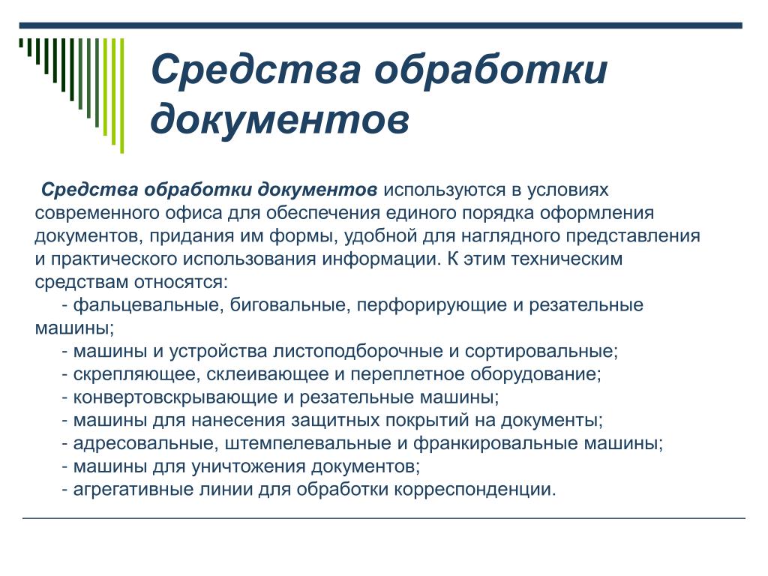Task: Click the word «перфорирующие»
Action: (x=431, y=305)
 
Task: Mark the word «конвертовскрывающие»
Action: (x=177, y=397)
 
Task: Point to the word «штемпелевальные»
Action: (x=308, y=444)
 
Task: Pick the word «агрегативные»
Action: (x=133, y=490)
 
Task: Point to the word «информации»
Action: (x=382, y=259)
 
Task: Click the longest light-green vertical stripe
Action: (x=122, y=95)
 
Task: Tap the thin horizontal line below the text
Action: (x=383, y=517)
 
